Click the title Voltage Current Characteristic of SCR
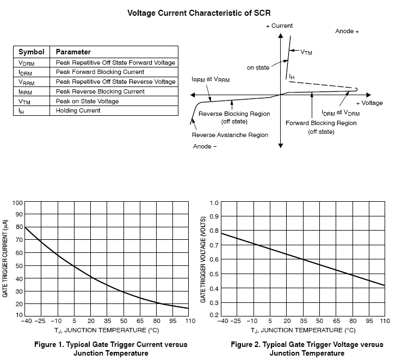[x=199, y=13]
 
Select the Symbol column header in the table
[x=31, y=52]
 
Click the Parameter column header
[x=73, y=52]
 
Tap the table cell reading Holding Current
[x=77, y=111]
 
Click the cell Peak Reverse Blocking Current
[x=92, y=91]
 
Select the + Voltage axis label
[x=369, y=103]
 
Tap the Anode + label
[x=347, y=32]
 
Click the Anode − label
[x=205, y=146]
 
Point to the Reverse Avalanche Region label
[x=230, y=135]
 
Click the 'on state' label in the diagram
[x=258, y=67]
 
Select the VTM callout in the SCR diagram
[x=306, y=52]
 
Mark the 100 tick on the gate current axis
[x=17, y=203]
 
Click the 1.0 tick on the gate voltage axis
[x=214, y=203]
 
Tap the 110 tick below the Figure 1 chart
[x=189, y=322]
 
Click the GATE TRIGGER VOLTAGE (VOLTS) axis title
[x=203, y=258]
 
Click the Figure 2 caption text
[x=307, y=349]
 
